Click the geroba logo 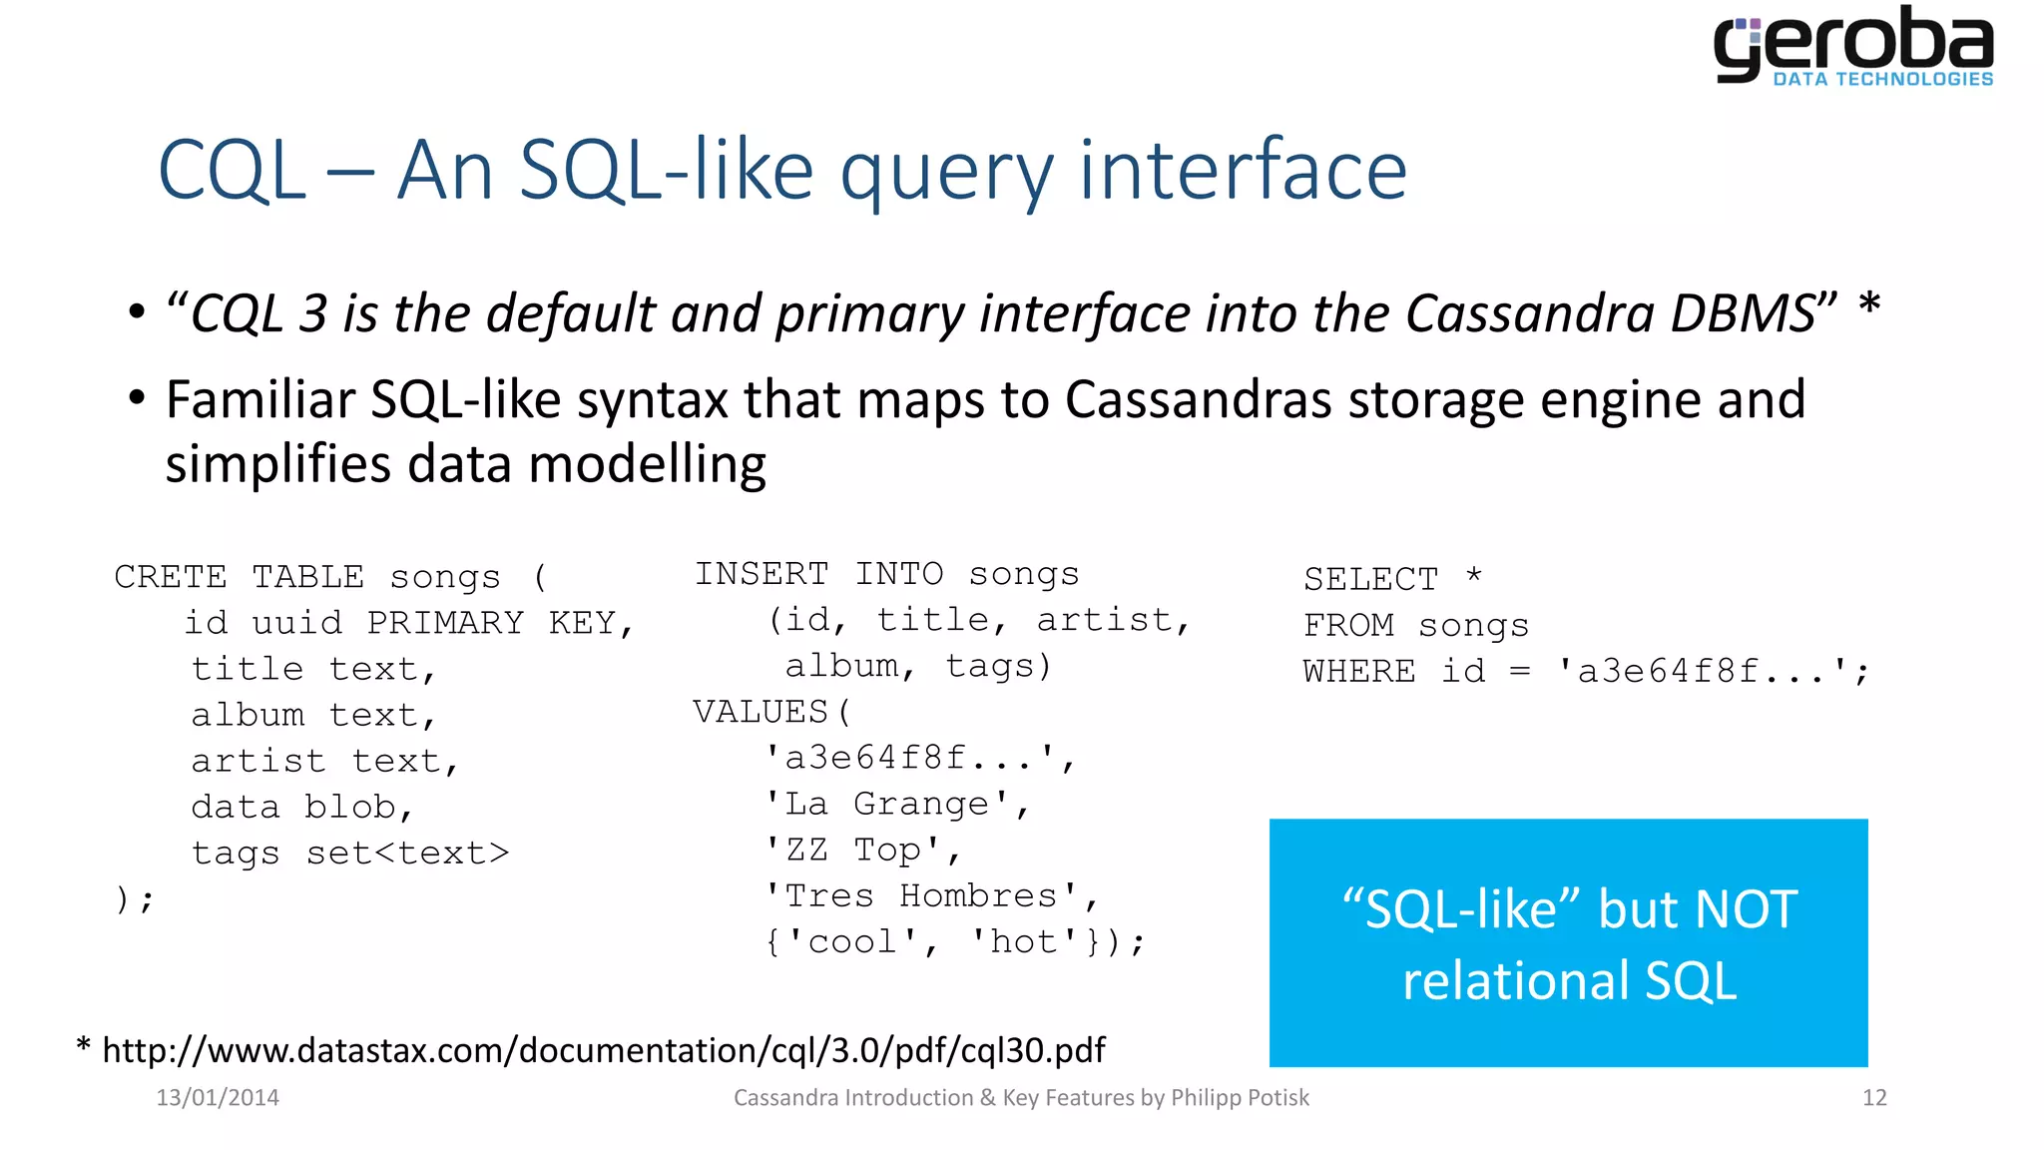click(x=1853, y=47)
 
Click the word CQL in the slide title click(x=232, y=171)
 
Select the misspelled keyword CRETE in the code click(x=171, y=577)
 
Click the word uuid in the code click(x=296, y=623)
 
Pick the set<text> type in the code click(x=407, y=853)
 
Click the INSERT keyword click(x=762, y=574)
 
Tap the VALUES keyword click(x=761, y=712)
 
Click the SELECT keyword click(x=1370, y=579)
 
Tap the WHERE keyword click(x=1359, y=671)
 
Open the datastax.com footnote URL click(x=604, y=1050)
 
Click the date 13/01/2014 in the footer click(x=218, y=1098)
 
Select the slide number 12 click(x=1874, y=1098)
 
